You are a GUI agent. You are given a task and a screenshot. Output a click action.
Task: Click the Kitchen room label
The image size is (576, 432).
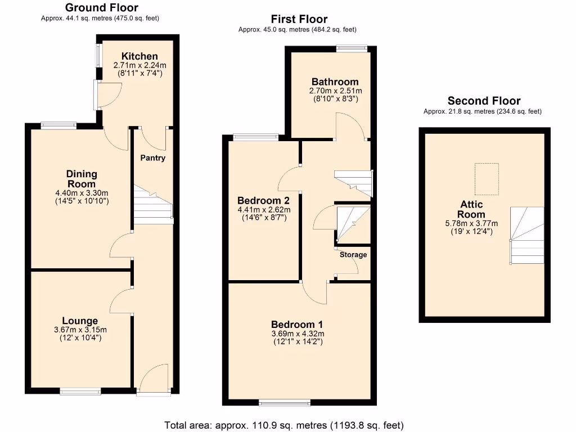click(x=139, y=56)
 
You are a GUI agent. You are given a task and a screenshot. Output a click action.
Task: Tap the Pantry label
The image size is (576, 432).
click(x=153, y=158)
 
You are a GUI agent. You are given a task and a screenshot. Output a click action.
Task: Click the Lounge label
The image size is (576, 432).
click(x=83, y=321)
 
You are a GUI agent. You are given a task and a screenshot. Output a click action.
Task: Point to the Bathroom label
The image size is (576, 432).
click(x=335, y=82)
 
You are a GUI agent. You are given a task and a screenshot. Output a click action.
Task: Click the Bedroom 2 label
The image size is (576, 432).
click(x=263, y=201)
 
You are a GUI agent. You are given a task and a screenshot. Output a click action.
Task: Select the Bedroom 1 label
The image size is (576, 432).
click(x=297, y=325)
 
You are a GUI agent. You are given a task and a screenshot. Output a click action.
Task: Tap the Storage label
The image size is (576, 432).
click(x=353, y=255)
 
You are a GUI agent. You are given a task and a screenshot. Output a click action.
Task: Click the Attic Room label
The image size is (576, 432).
click(x=471, y=209)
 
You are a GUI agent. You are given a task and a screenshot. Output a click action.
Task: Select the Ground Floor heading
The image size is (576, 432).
click(x=101, y=8)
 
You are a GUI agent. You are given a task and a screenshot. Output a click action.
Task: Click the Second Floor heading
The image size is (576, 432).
click(x=484, y=101)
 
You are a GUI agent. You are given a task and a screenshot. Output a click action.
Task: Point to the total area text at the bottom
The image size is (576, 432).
click(x=284, y=425)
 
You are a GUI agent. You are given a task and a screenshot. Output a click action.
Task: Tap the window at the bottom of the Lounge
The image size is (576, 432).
click(x=81, y=390)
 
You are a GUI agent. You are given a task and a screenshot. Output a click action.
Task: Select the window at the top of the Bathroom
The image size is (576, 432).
click(x=353, y=48)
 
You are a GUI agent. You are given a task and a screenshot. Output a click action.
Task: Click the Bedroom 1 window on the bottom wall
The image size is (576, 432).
click(x=285, y=402)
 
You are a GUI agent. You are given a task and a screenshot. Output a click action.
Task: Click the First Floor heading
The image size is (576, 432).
click(x=299, y=20)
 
